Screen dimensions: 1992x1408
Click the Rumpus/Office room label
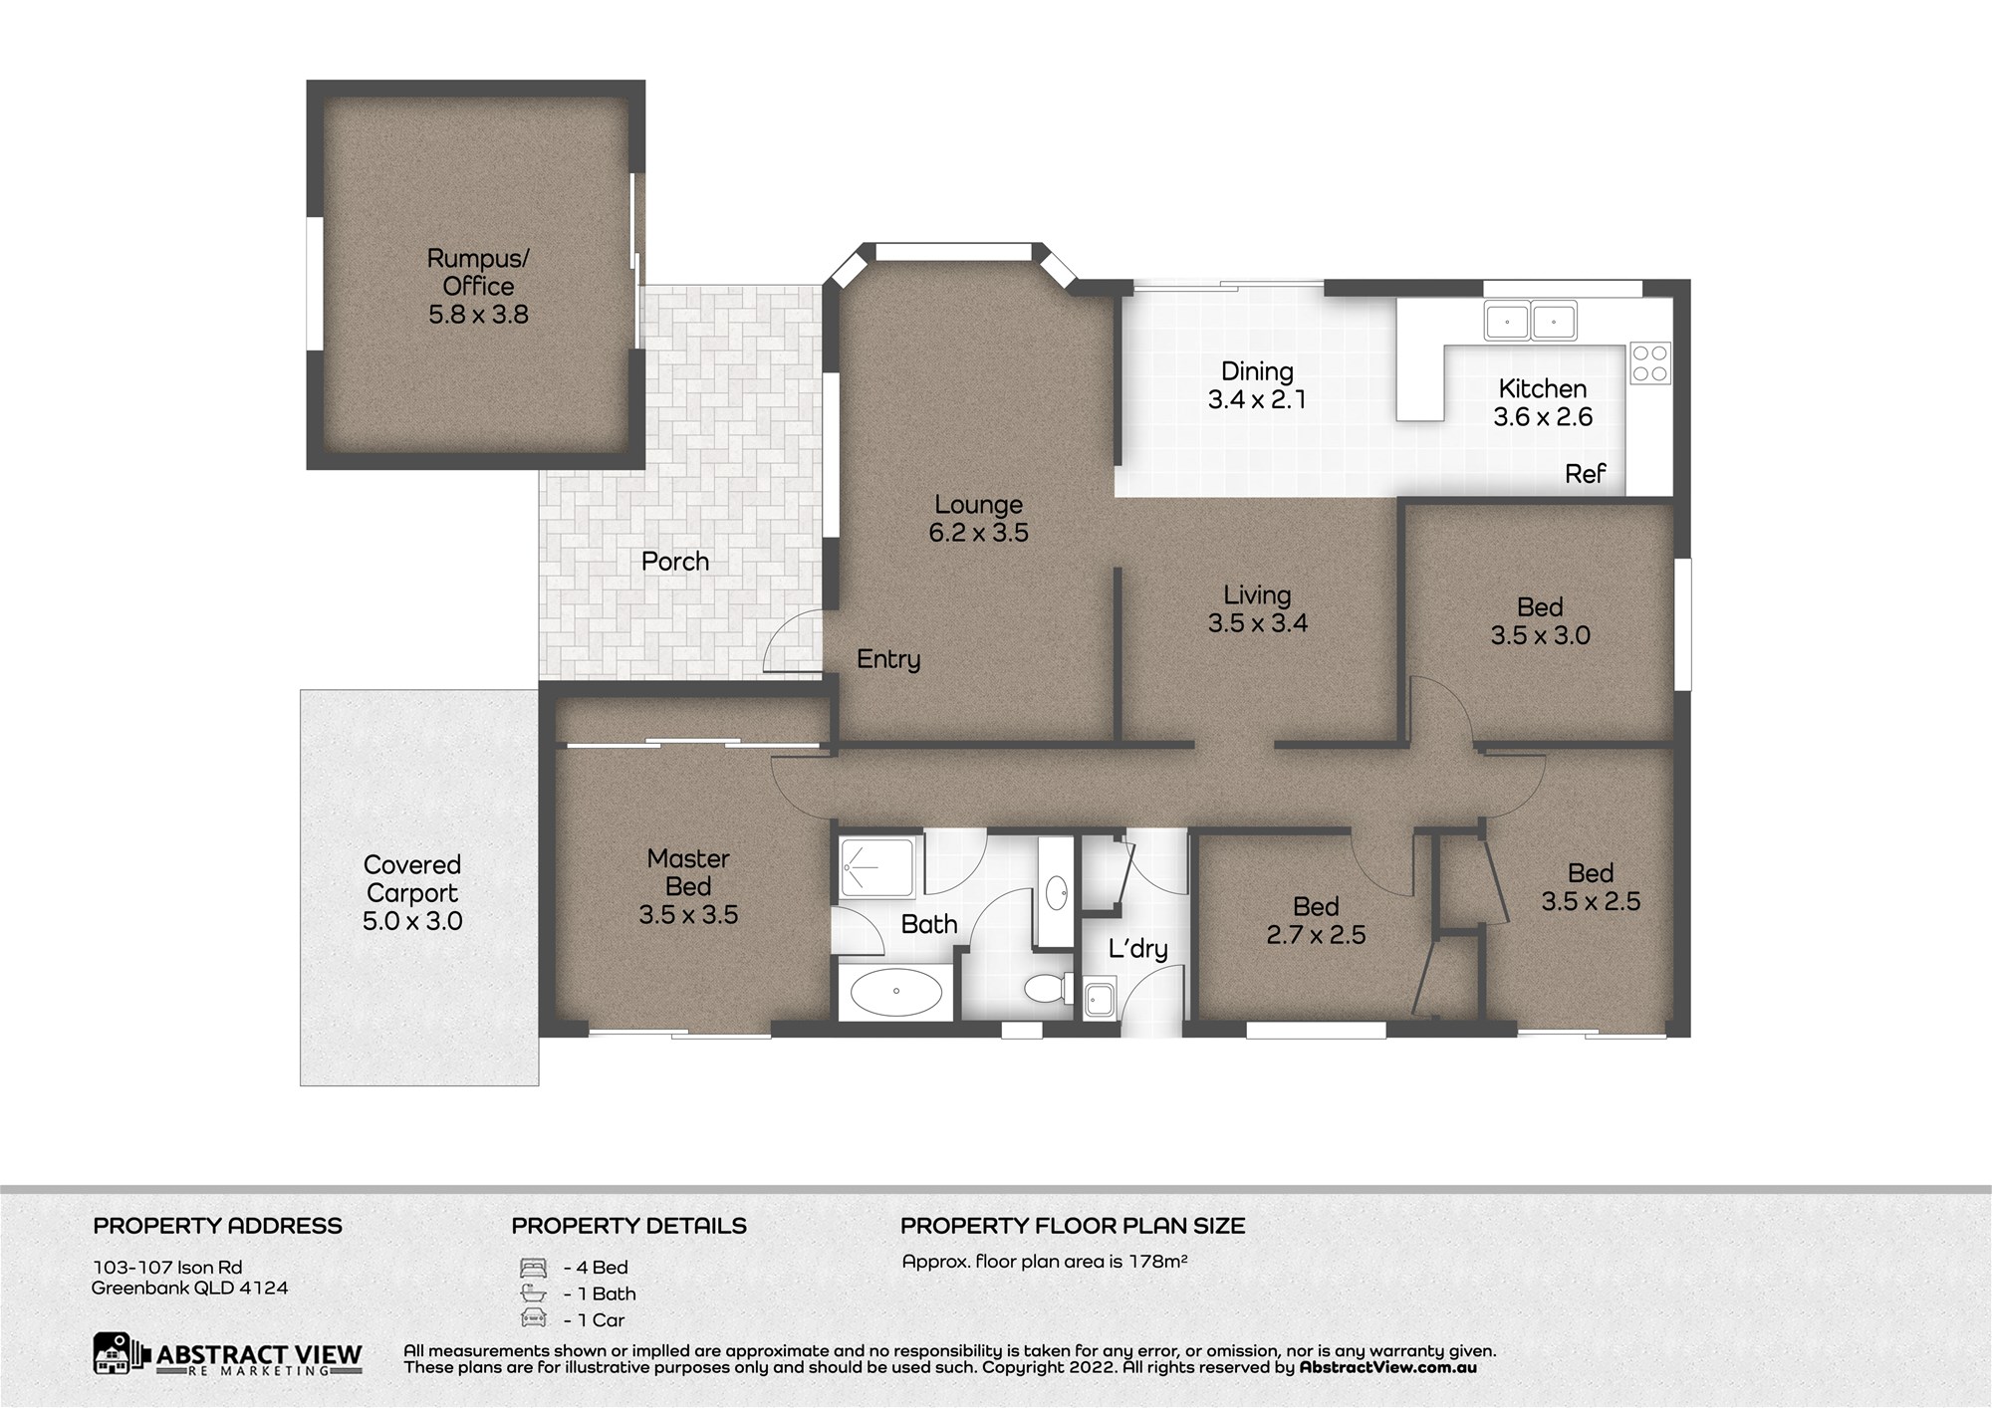click(x=478, y=287)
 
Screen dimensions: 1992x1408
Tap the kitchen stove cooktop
click(x=1650, y=363)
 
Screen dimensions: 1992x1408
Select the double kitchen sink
click(x=1530, y=322)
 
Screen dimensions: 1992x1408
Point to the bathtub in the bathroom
click(x=896, y=992)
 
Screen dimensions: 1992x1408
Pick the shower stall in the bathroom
click(x=877, y=868)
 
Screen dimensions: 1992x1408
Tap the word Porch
click(x=675, y=562)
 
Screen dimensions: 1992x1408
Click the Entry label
click(x=888, y=659)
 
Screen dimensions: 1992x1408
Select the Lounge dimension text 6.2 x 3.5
click(x=979, y=533)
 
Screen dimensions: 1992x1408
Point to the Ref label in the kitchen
click(x=1585, y=474)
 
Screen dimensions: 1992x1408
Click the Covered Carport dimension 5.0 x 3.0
click(x=412, y=921)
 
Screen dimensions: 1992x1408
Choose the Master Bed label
click(x=688, y=872)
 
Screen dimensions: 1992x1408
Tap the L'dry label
click(x=1137, y=948)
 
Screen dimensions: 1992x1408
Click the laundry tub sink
click(x=1100, y=999)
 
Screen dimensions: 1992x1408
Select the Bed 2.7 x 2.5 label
click(x=1316, y=921)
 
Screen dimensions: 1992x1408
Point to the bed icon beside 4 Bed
click(x=534, y=1268)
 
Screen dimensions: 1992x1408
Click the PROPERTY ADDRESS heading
click(x=218, y=1226)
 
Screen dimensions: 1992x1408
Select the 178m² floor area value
click(x=1157, y=1262)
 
